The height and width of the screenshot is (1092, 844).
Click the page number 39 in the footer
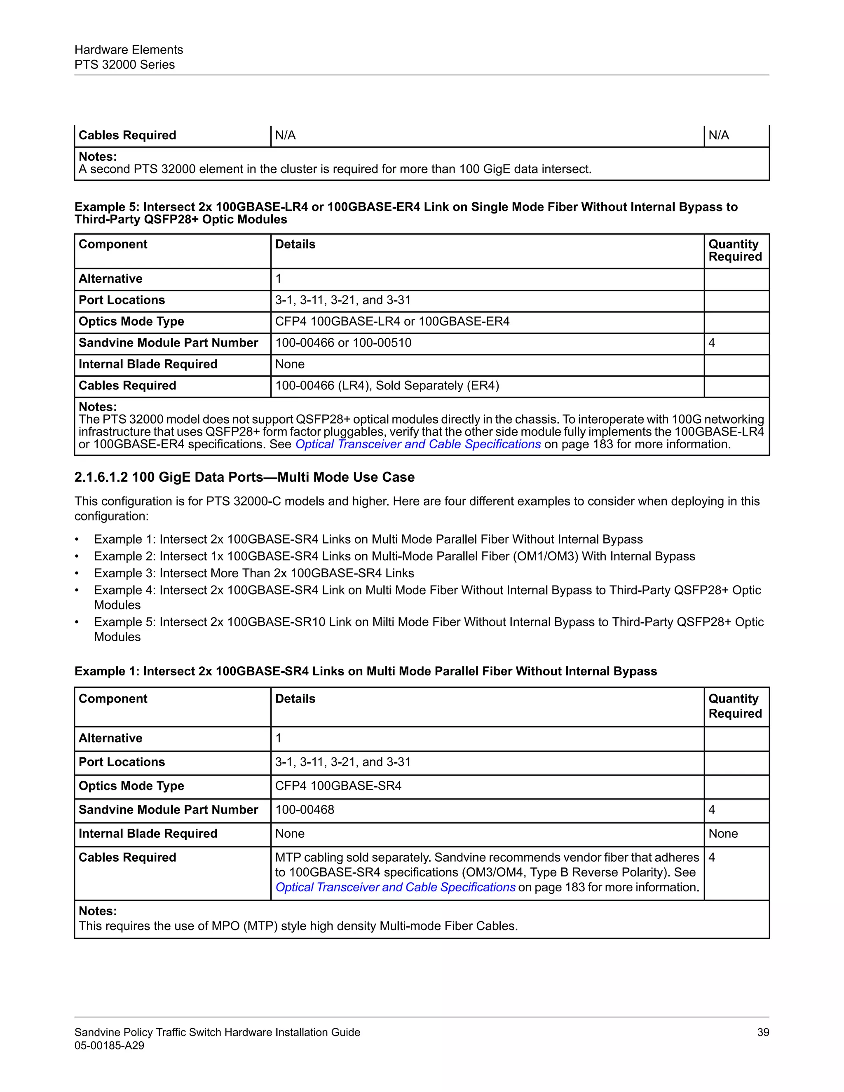coord(762,1032)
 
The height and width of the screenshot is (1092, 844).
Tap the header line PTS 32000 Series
coord(124,65)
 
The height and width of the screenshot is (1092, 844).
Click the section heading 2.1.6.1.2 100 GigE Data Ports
coord(244,477)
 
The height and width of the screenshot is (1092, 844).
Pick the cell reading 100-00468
coord(305,809)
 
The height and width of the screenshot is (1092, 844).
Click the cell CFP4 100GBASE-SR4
coord(338,785)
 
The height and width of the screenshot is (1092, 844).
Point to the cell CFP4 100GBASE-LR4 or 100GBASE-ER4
coord(392,321)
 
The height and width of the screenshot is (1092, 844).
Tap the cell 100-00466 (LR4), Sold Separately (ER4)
coord(387,386)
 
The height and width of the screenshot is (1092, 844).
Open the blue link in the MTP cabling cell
coord(395,887)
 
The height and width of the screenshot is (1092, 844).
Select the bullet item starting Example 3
coord(254,573)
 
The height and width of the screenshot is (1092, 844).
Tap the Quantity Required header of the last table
coord(734,706)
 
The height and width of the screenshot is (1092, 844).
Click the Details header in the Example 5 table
coord(295,244)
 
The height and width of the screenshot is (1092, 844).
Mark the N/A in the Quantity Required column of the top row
coord(718,135)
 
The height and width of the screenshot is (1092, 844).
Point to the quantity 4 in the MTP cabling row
coord(712,857)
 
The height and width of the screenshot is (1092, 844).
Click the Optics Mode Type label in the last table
coord(131,785)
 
